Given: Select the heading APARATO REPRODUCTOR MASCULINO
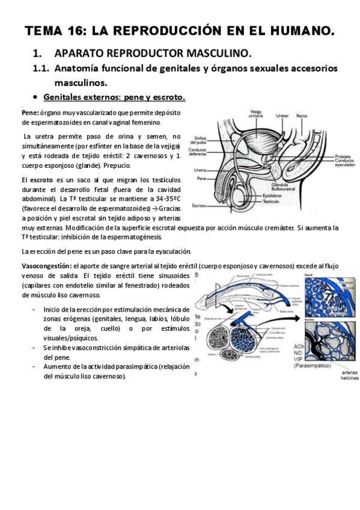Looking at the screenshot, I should pyautogui.click(x=153, y=53).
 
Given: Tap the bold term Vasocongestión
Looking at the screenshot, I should pyautogui.click(x=45, y=265).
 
